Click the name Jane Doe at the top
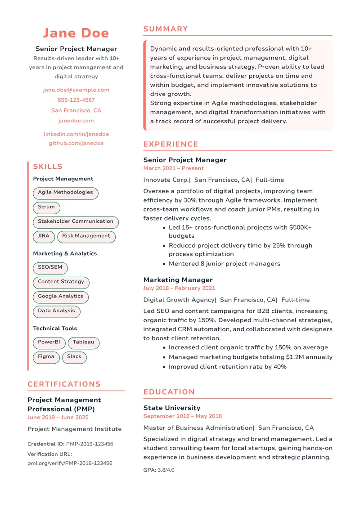point(76,33)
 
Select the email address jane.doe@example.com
point(76,90)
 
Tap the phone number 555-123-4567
point(76,100)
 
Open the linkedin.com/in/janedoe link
point(76,134)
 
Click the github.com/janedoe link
point(76,144)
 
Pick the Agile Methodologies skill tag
point(65,193)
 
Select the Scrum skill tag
point(46,207)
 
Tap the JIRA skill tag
point(44,236)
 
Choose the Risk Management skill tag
point(86,236)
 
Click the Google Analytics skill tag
point(60,297)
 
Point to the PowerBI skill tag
point(49,342)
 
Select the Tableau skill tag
point(83,342)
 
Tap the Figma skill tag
point(46,357)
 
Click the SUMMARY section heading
point(166,29)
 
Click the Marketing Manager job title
point(178,280)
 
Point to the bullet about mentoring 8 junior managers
point(224,264)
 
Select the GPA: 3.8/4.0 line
point(158,470)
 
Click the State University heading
point(171,408)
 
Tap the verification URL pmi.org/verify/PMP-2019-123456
point(70,463)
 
